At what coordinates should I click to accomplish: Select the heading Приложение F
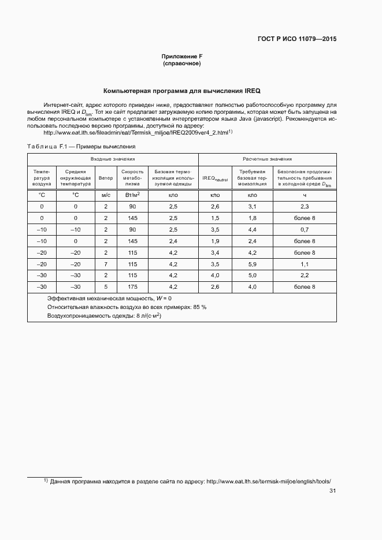click(x=182, y=56)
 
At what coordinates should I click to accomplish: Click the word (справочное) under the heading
click(x=182, y=64)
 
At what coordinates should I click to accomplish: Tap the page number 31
click(x=332, y=491)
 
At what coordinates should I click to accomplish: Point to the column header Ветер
click(x=106, y=178)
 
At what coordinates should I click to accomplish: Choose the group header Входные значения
click(x=113, y=159)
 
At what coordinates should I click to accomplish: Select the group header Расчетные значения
click(x=266, y=159)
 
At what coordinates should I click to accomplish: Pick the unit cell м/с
click(x=106, y=196)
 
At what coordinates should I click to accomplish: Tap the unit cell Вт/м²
click(x=132, y=195)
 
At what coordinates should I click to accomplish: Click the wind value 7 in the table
click(x=106, y=263)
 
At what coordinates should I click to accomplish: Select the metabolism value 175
click(x=132, y=286)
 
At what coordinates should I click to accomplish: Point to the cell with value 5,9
click(x=252, y=263)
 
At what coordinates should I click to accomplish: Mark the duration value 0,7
click(x=305, y=229)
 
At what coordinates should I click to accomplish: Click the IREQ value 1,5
click(x=215, y=218)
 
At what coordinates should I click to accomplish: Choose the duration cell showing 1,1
click(x=305, y=263)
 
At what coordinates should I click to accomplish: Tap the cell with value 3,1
click(x=252, y=206)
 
